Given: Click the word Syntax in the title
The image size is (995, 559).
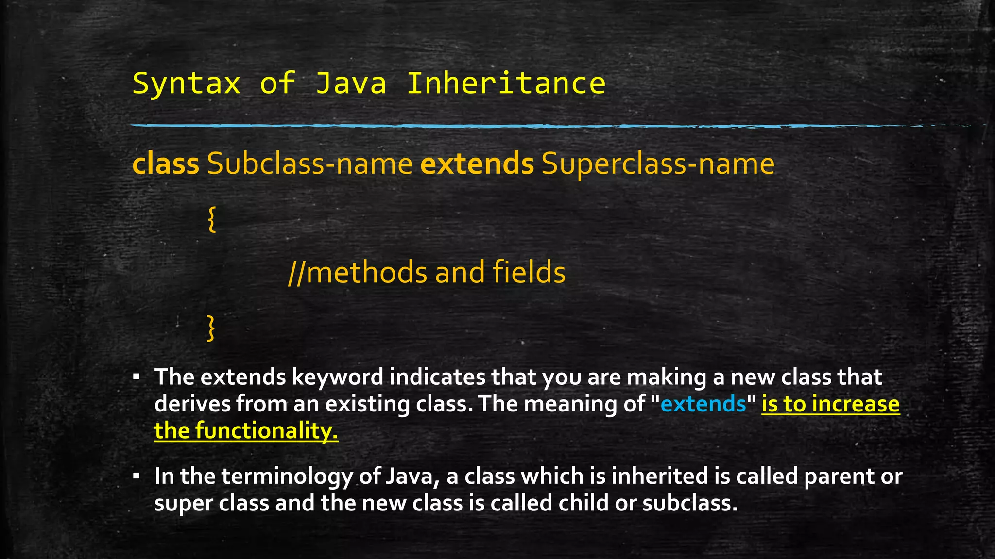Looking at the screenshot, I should click(187, 83).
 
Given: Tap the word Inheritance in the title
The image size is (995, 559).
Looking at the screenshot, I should click(506, 83).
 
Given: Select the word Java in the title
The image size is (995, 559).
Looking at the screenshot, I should click(351, 83).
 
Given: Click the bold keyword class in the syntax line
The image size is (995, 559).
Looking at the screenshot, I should click(166, 164).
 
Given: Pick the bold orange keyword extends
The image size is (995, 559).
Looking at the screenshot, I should click(477, 164).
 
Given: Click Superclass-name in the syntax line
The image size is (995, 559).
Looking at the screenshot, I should click(658, 164).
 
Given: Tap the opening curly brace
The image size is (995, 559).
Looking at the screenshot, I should click(211, 219).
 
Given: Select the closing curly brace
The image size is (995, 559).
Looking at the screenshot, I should click(211, 328).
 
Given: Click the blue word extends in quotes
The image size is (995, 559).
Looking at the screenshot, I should click(703, 404).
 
